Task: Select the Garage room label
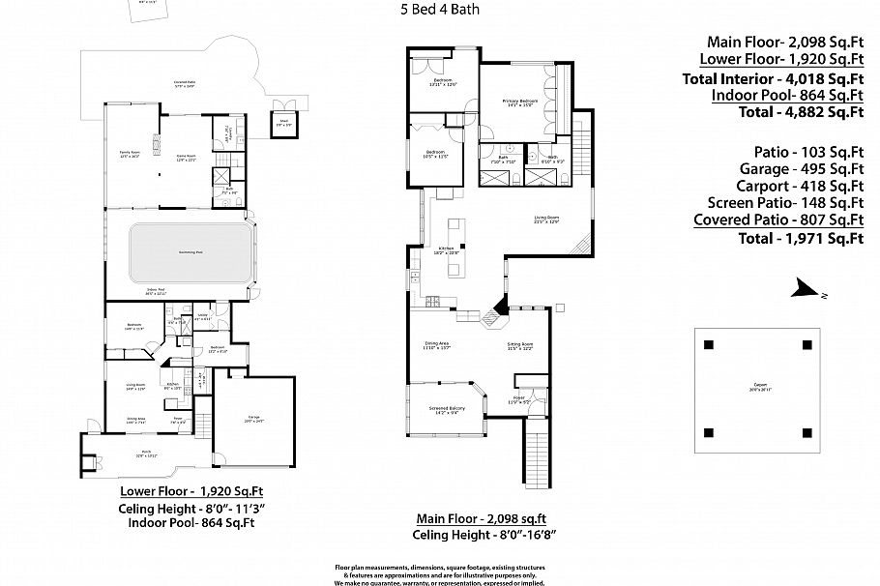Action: tap(252, 418)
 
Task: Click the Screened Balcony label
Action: tap(446, 408)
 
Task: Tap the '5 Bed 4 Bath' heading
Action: tap(439, 11)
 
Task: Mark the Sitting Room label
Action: tap(521, 346)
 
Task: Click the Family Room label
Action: tap(129, 155)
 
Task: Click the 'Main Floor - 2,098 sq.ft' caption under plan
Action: tap(482, 517)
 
